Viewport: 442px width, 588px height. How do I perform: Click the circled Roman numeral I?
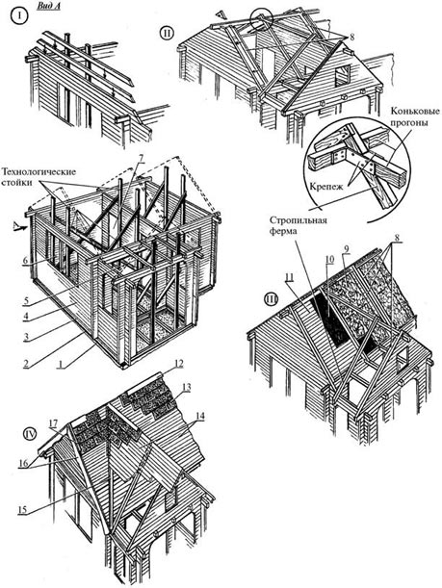(18, 16)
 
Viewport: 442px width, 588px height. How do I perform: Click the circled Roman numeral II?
(167, 33)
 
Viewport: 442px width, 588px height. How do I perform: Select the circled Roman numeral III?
(271, 299)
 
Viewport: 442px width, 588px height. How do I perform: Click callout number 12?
(178, 364)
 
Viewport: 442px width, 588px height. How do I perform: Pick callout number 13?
(187, 387)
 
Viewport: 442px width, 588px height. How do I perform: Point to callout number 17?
(53, 423)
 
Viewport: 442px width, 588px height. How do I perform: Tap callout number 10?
(329, 260)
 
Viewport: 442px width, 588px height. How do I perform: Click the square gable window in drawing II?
(343, 75)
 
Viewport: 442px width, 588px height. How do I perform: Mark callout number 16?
(23, 463)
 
